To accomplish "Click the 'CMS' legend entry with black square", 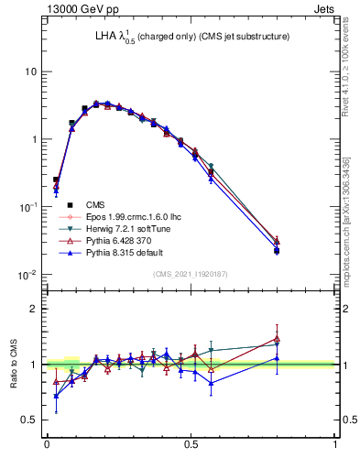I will click(x=94, y=205).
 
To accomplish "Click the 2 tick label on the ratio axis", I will click(x=36, y=309).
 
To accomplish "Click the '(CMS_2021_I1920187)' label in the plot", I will click(x=191, y=274).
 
